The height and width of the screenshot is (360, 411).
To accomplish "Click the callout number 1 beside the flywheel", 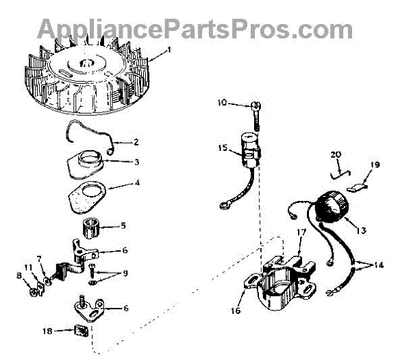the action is [170, 51].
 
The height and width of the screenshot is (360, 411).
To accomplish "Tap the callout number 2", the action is [136, 142].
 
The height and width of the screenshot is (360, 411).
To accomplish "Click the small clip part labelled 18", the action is [81, 332].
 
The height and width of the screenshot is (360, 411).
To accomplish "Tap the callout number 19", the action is [376, 165].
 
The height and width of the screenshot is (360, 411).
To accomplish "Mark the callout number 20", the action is [336, 154].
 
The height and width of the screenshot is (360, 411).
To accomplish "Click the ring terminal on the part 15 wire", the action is [224, 204].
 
